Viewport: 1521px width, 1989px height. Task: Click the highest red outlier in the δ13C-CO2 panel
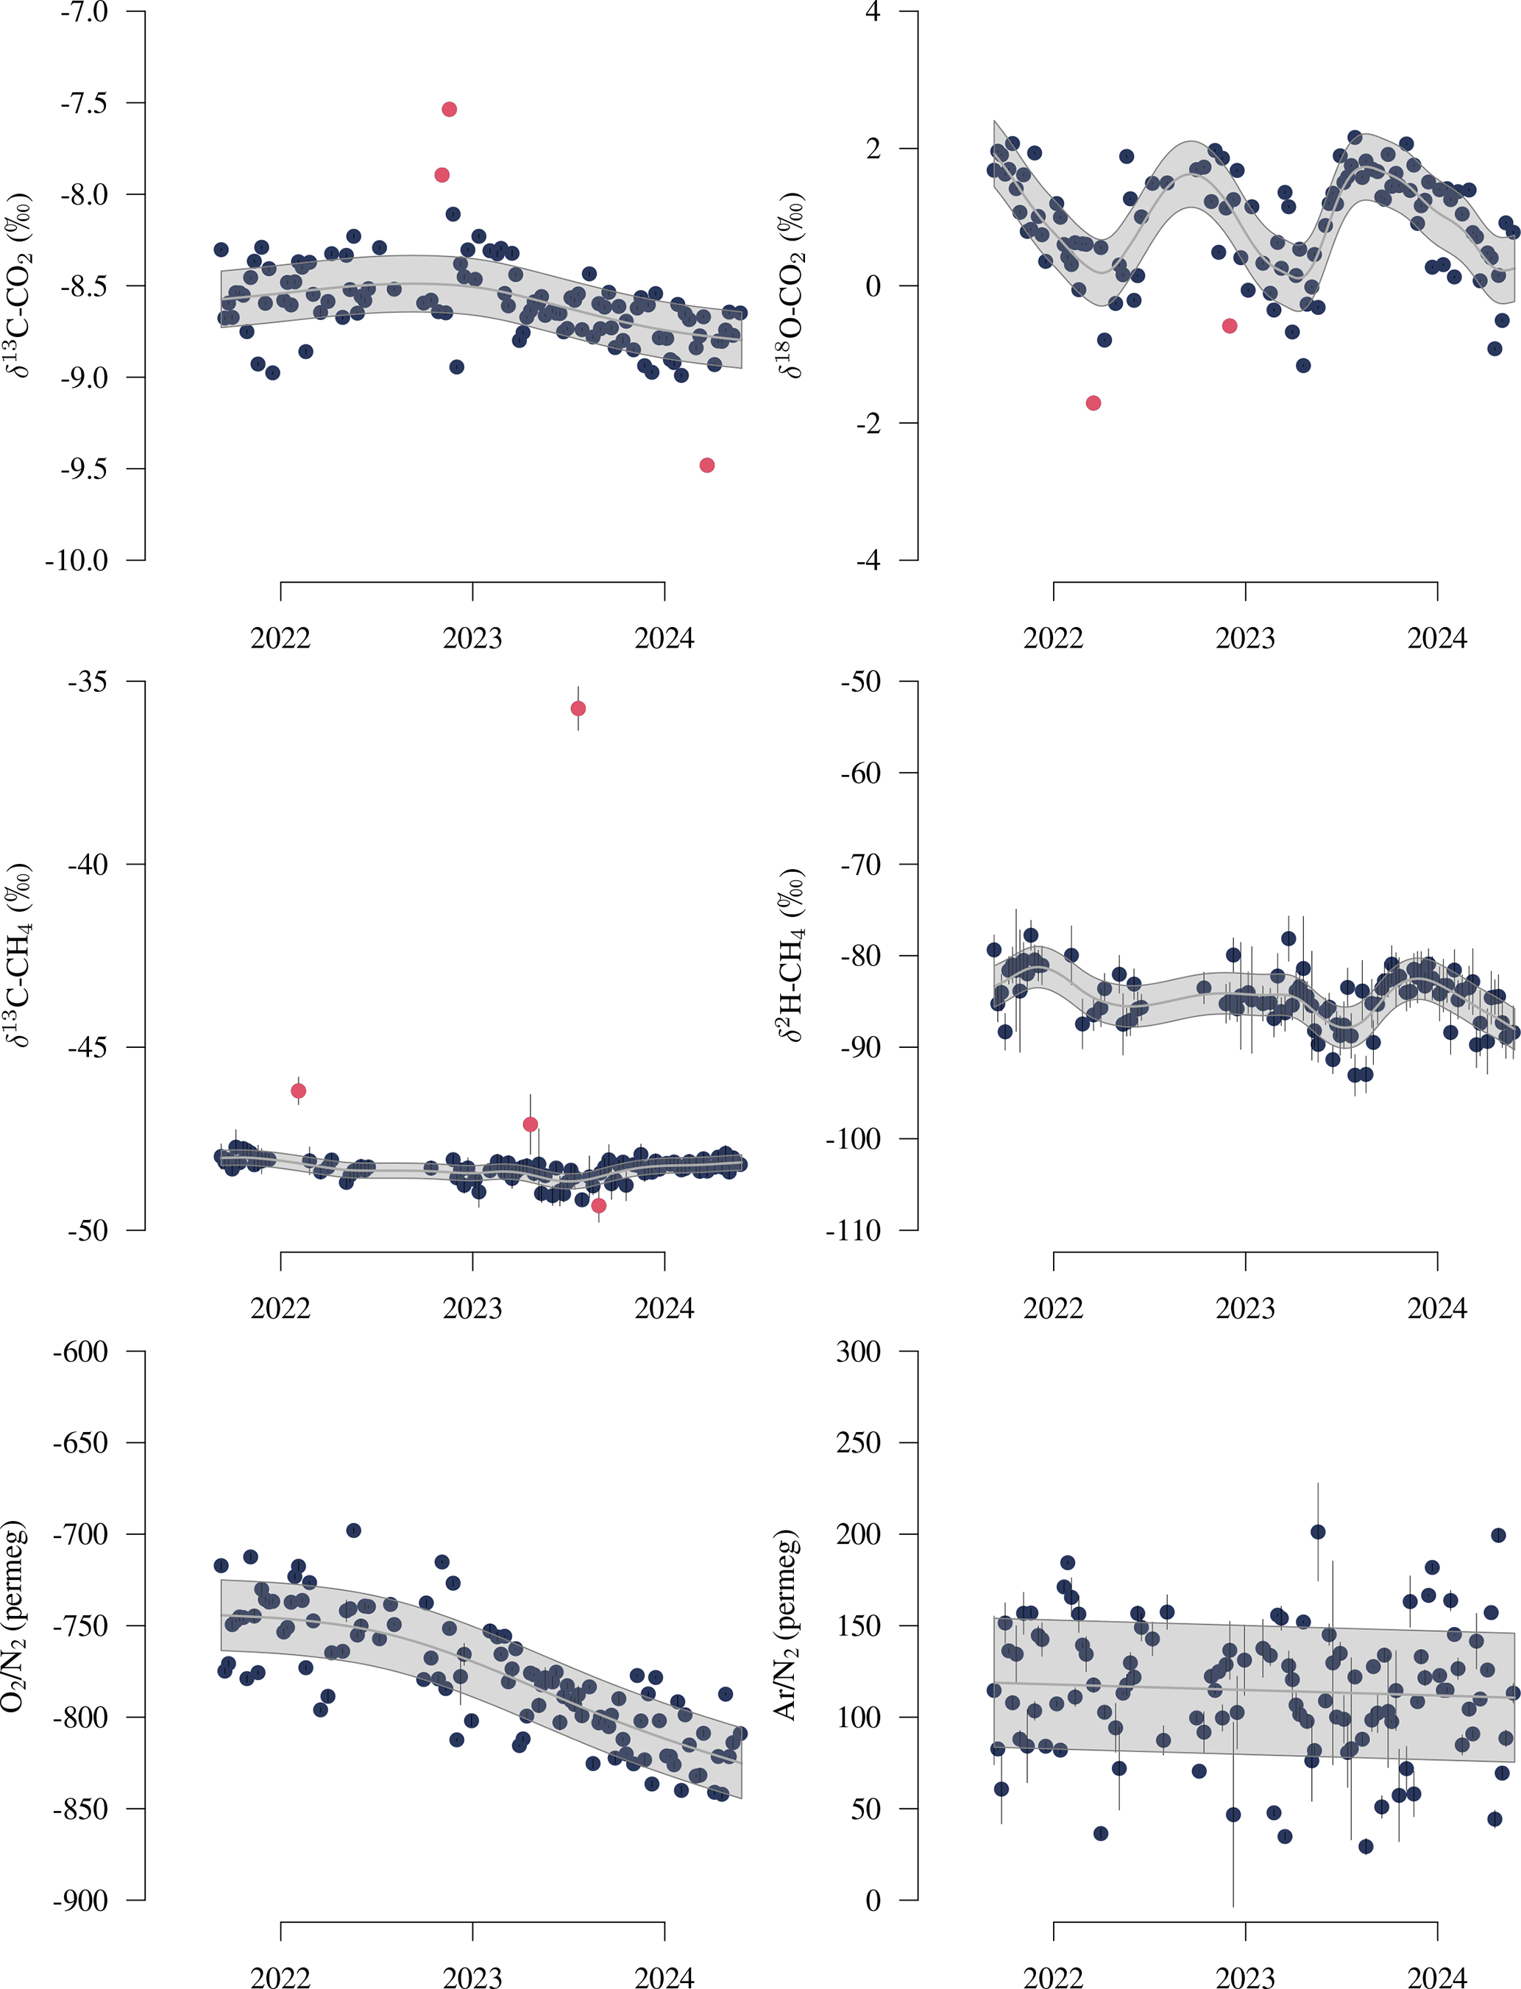[x=449, y=110]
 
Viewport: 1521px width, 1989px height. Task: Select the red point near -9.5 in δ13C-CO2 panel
[x=707, y=465]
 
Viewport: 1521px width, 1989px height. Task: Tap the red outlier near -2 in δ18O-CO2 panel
[x=1093, y=403]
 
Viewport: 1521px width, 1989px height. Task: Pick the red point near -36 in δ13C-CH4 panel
[x=578, y=708]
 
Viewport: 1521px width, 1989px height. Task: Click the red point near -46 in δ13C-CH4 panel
[x=299, y=1091]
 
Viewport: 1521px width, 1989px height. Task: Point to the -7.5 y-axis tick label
[x=83, y=103]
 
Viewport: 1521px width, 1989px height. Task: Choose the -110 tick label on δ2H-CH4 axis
[x=853, y=1230]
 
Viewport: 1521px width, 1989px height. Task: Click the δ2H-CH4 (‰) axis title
[x=791, y=955]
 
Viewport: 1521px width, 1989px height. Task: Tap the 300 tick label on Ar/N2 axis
[x=858, y=1352]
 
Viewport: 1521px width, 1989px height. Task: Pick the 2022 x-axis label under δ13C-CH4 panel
[x=280, y=1309]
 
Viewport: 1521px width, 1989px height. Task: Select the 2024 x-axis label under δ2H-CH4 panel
[x=1437, y=1309]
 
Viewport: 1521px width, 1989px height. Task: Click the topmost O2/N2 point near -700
[x=354, y=1531]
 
